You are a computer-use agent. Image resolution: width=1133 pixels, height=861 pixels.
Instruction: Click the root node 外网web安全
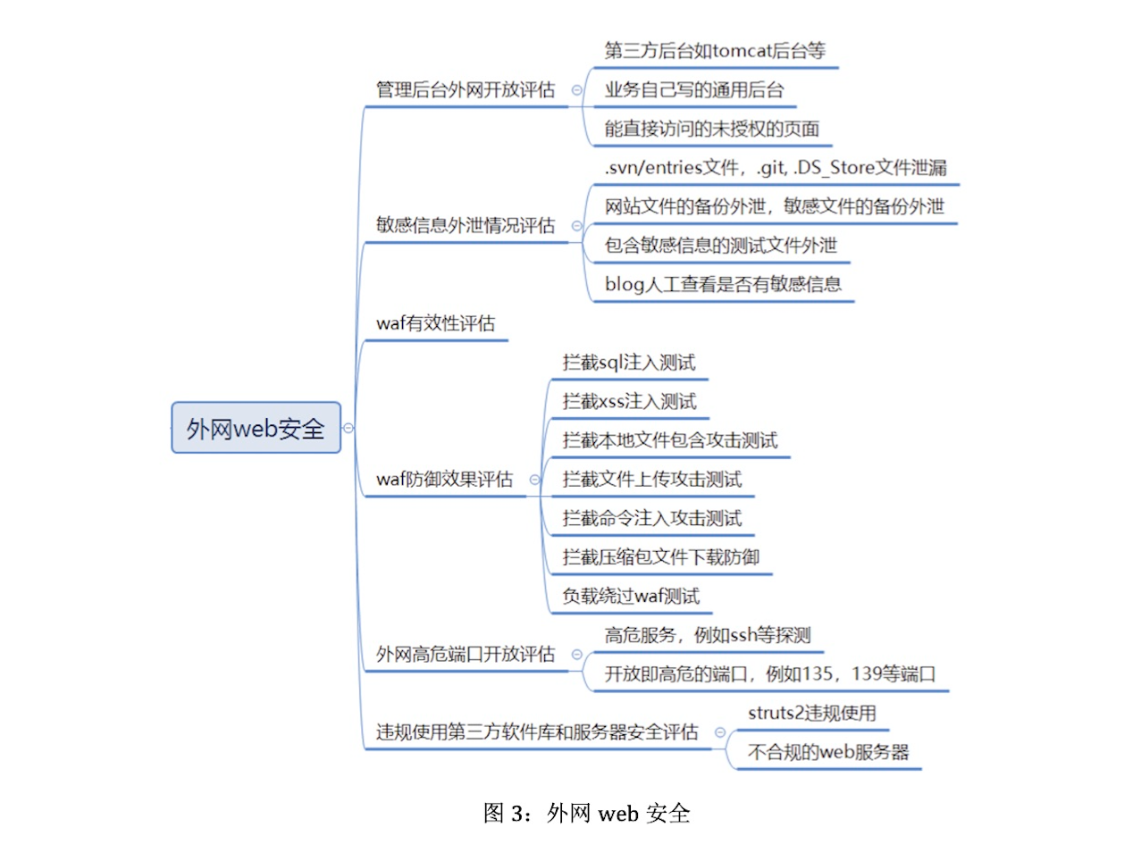256,428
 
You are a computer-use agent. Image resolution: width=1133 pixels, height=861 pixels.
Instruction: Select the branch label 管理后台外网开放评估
465,90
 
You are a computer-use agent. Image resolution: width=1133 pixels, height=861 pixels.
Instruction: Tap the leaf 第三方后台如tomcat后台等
715,51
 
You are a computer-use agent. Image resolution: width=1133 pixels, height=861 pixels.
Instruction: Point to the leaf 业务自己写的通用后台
693,90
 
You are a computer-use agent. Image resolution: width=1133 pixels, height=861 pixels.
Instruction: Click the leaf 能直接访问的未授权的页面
712,129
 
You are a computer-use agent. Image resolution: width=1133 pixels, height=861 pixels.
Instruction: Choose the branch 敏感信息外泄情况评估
465,225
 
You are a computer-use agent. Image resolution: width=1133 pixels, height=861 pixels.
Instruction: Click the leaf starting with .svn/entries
776,168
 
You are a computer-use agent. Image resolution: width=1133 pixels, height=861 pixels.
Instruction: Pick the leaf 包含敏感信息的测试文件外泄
720,245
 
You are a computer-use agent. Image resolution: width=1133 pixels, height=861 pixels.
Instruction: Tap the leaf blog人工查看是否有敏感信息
723,284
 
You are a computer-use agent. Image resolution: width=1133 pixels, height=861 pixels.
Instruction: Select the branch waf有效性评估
435,323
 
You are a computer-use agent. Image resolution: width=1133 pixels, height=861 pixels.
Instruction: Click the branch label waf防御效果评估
444,480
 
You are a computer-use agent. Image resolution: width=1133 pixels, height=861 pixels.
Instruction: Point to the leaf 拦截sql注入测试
629,363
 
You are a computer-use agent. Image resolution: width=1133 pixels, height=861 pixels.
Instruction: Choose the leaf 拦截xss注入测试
629,401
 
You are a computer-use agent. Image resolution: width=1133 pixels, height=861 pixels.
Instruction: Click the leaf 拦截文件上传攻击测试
652,480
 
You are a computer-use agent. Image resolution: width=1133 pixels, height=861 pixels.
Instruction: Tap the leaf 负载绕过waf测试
631,596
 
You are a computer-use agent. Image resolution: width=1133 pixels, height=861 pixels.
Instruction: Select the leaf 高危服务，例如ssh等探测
707,635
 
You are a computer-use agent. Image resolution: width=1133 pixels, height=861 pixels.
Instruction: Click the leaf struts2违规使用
811,713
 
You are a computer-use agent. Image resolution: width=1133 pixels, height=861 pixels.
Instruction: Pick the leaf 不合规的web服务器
828,752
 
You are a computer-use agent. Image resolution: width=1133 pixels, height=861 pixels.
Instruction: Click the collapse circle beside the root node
348,428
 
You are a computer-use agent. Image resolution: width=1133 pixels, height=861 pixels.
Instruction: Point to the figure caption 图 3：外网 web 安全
586,814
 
